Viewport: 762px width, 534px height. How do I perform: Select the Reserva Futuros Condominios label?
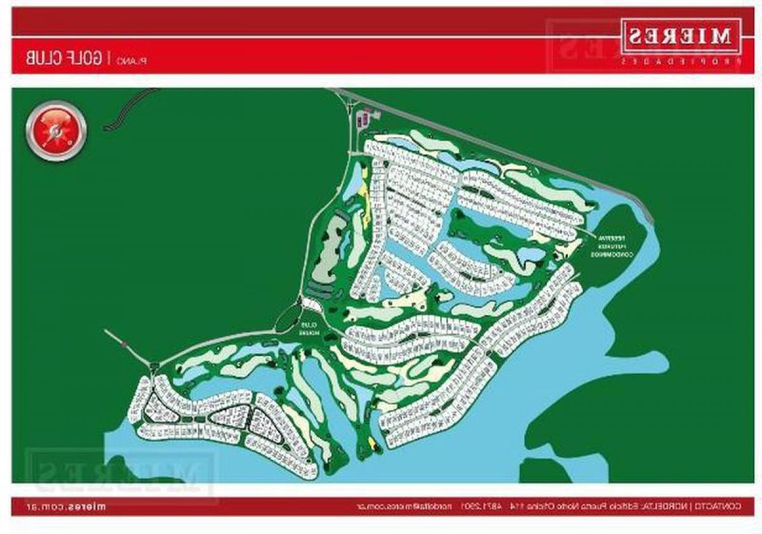610,244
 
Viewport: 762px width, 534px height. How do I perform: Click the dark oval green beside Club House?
286,317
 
